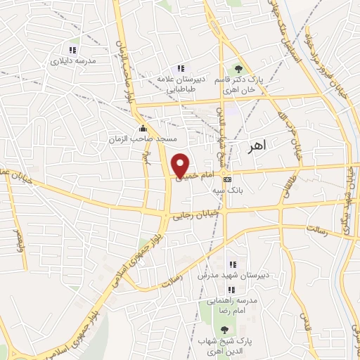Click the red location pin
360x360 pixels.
pos(181,164)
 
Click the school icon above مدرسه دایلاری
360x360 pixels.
pos(72,50)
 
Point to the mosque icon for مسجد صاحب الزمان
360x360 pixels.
pos(144,128)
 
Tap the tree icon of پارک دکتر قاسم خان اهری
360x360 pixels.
pos(238,69)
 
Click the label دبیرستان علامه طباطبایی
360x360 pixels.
pos(181,84)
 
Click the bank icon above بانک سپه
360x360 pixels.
pos(226,179)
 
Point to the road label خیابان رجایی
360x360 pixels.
pos(199,214)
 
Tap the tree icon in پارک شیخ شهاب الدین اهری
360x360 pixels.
pos(224,330)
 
